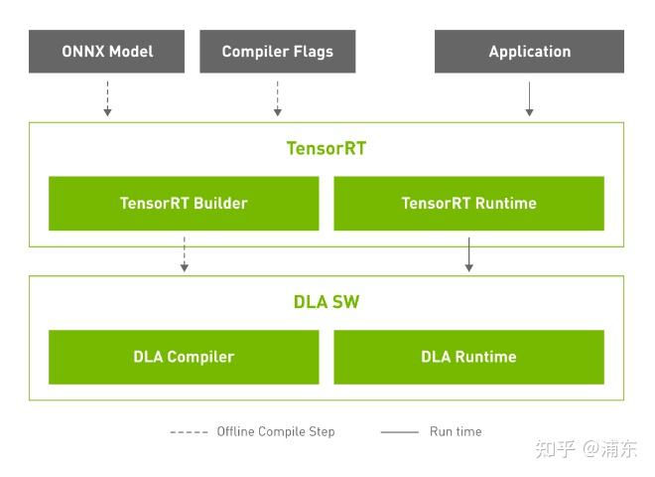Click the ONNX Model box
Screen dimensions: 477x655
coord(107,52)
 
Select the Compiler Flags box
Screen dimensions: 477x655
coord(277,52)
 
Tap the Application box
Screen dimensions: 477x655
coord(529,52)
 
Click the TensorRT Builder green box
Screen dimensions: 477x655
coord(184,204)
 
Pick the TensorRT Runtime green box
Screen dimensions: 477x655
coord(468,204)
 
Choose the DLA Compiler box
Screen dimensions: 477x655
coord(184,357)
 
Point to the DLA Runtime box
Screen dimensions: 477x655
coord(468,357)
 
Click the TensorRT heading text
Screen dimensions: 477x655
coord(327,148)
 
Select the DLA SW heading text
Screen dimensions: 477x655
coord(327,302)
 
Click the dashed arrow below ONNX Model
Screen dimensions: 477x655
coord(107,97)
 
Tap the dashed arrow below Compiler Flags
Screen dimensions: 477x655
coord(277,97)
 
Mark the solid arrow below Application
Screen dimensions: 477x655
coord(529,97)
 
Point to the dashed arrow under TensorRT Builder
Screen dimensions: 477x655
coord(184,253)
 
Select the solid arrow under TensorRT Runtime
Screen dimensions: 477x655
coord(468,253)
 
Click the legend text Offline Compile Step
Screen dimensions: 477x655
coord(276,431)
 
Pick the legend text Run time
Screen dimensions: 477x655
coord(456,431)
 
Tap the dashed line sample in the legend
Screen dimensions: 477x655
coord(189,432)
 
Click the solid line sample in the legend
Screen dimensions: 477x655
coord(400,432)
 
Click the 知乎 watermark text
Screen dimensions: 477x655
coord(555,449)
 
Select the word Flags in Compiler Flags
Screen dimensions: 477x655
coord(313,52)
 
